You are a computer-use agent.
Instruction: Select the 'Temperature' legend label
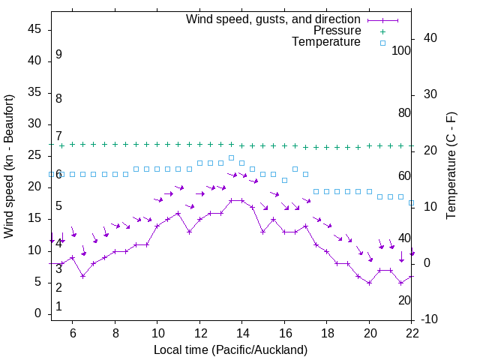pyautogui.click(x=326, y=42)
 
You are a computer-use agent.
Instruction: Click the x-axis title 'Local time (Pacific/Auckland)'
pyautogui.click(x=230, y=349)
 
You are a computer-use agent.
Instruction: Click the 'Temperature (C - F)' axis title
pyautogui.click(x=451, y=166)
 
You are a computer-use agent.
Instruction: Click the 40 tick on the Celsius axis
pyautogui.click(x=420, y=38)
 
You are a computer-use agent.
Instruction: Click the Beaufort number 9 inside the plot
pyautogui.click(x=58, y=55)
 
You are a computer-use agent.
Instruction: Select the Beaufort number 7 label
pyautogui.click(x=58, y=136)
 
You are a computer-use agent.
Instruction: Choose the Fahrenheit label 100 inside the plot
pyautogui.click(x=402, y=50)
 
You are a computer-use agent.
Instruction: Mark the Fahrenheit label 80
pyautogui.click(x=405, y=112)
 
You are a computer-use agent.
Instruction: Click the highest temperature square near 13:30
pyautogui.click(x=232, y=157)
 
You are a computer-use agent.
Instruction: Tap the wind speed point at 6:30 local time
pyautogui.click(x=83, y=276)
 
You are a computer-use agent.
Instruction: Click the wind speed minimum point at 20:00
pyautogui.click(x=370, y=283)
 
